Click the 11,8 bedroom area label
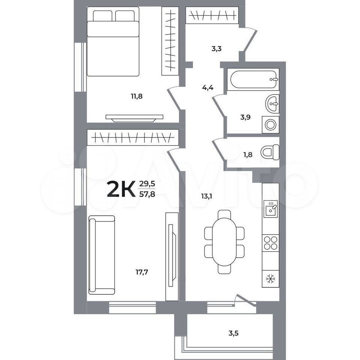[136, 96]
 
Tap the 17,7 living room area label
[142, 272]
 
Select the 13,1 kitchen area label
[206, 196]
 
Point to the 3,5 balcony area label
[234, 333]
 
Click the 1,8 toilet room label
[248, 155]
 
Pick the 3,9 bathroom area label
[245, 117]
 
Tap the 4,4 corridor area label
[208, 87]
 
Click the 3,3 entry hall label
[216, 49]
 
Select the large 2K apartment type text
[121, 189]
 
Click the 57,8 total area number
[147, 194]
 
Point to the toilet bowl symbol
[270, 152]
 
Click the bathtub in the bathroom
[253, 79]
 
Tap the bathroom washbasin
[273, 103]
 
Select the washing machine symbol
[271, 124]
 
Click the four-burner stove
[271, 243]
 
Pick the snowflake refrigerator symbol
[271, 279]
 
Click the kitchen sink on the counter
[270, 209]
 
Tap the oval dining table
[224, 242]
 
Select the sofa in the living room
[102, 255]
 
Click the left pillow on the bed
[102, 16]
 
